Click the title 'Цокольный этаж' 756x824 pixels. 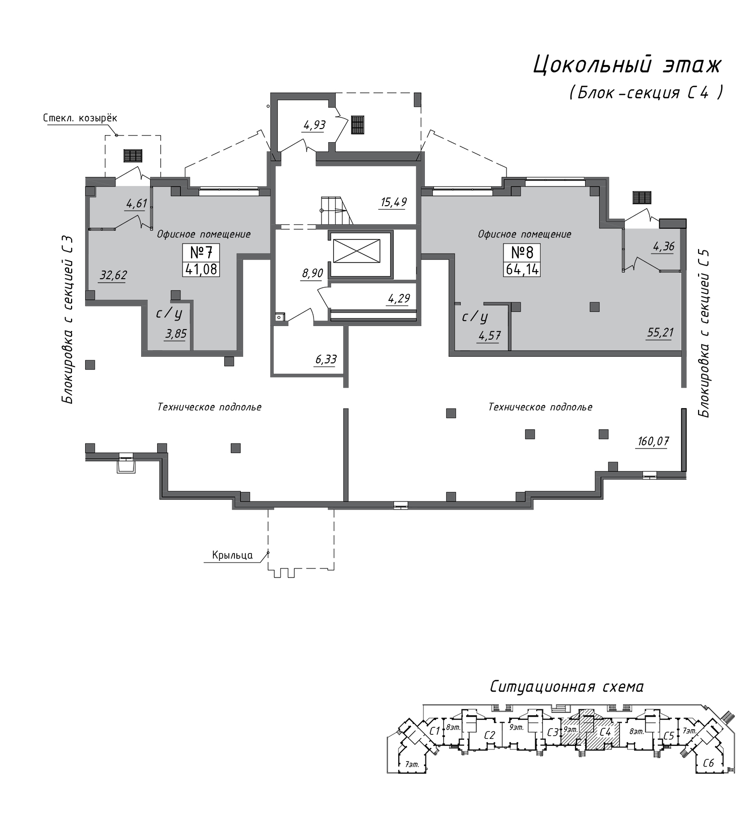[627, 66]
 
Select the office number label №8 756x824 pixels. [522, 252]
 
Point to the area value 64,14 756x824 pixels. [522, 269]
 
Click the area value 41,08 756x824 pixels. [202, 269]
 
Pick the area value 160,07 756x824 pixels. [653, 441]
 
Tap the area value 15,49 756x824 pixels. [394, 203]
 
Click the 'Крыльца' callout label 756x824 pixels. [232, 555]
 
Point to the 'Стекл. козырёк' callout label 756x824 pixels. [80, 118]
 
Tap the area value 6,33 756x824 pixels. [326, 359]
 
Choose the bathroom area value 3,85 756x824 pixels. [175, 334]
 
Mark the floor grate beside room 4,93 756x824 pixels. [358, 124]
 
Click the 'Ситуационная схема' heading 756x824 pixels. [567, 686]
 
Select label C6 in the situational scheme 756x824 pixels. [709, 763]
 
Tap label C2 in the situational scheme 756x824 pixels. [489, 735]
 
